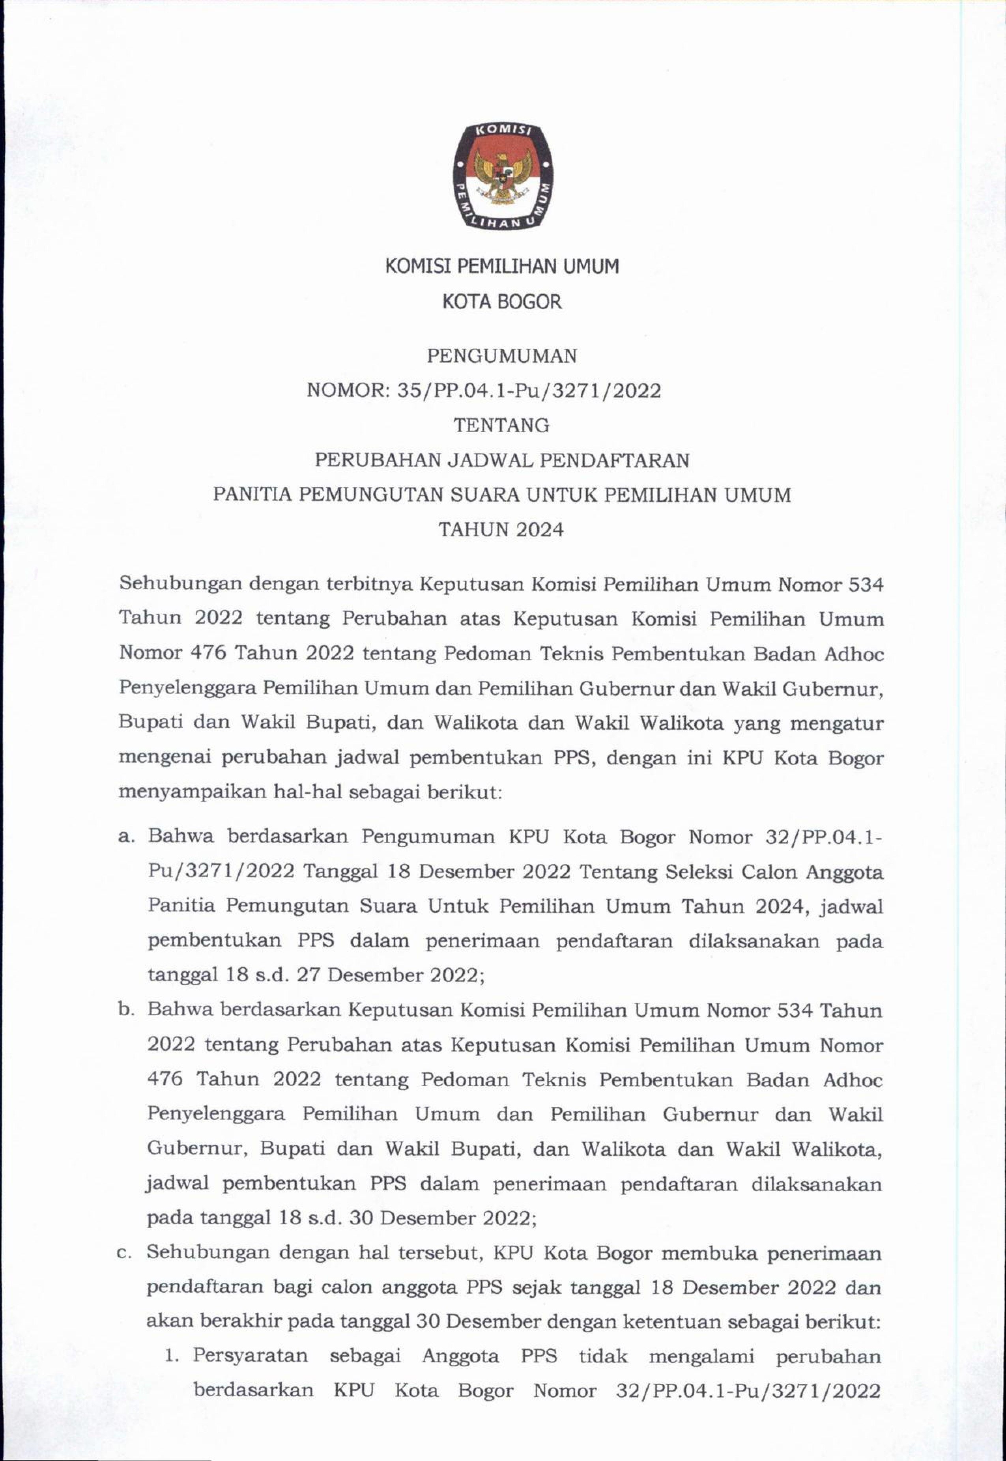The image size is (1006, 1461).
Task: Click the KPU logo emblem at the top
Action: (x=502, y=177)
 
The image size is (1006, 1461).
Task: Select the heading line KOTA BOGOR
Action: (x=502, y=302)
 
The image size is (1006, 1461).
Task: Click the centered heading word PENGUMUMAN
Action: (x=502, y=357)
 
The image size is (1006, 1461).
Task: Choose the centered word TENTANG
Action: (x=502, y=426)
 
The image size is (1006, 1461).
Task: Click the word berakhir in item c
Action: (x=229, y=1304)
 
